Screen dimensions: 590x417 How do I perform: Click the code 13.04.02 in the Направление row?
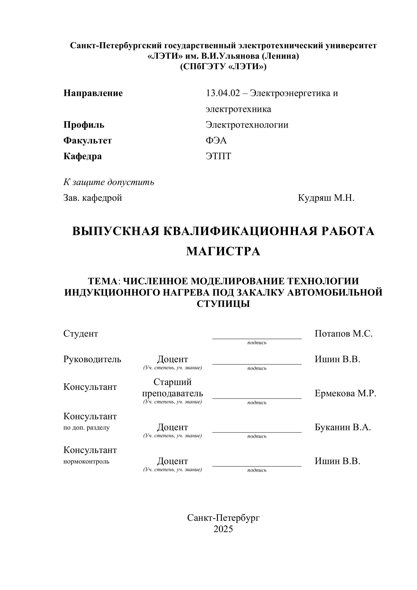[x=223, y=93]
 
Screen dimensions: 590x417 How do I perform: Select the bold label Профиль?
[x=84, y=125]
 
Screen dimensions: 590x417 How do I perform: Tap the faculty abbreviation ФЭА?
[x=216, y=141]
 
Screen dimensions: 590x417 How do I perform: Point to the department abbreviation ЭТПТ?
[x=218, y=156]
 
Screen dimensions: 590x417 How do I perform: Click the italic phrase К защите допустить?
[x=109, y=182]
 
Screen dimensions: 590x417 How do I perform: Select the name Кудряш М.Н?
[x=326, y=198]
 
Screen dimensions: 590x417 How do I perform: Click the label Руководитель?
[x=92, y=359]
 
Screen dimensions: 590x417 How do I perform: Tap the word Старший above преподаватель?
[x=172, y=382]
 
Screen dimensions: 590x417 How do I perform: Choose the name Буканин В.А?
[x=343, y=427]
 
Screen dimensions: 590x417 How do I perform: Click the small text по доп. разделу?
[x=86, y=428]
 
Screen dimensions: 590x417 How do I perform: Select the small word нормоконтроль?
[x=86, y=461]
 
